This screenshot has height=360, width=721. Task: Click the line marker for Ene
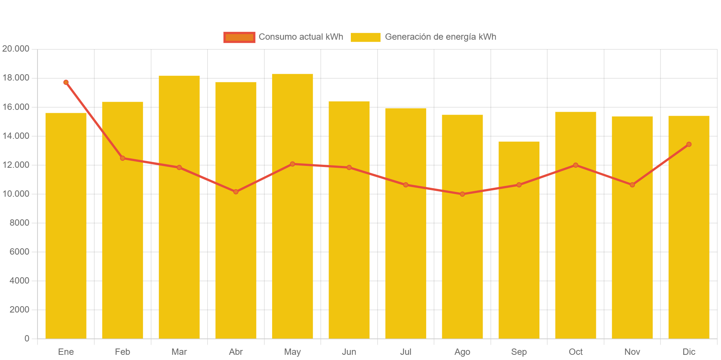click(66, 82)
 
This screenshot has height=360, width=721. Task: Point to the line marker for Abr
click(236, 192)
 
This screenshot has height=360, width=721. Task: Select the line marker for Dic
click(689, 144)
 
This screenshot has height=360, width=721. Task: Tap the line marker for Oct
click(575, 165)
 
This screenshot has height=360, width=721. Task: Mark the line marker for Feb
click(123, 158)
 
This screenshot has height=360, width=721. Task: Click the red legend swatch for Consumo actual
click(239, 37)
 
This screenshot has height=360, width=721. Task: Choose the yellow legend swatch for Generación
click(365, 37)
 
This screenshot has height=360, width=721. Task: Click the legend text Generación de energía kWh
click(440, 37)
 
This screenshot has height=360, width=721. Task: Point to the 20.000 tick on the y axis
click(16, 49)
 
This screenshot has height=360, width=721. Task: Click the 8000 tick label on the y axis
click(19, 223)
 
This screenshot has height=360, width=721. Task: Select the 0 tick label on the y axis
click(27, 338)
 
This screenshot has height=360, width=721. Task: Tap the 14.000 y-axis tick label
click(16, 136)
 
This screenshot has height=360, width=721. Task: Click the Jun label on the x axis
click(349, 352)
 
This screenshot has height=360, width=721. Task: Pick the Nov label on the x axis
click(632, 352)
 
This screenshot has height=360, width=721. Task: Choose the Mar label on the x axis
click(179, 352)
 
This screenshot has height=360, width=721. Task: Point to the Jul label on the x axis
click(405, 352)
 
